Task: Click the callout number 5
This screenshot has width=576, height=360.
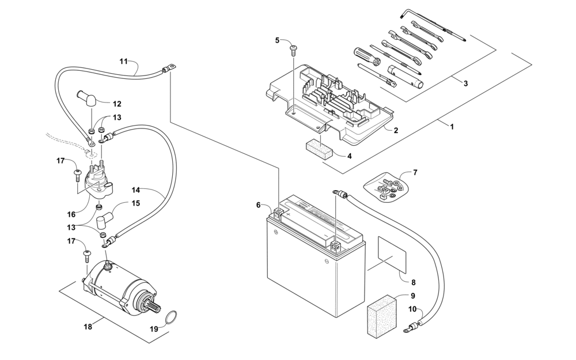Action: (278, 40)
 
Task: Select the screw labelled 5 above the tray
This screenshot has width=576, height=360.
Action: (294, 50)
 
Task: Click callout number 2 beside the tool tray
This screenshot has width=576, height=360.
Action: (396, 130)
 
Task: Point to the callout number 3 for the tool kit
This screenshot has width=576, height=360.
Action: (465, 84)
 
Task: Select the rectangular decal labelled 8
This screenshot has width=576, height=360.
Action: (392, 255)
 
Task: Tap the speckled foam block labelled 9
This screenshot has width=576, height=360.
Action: (382, 314)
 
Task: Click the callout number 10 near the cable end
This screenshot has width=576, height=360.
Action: (412, 309)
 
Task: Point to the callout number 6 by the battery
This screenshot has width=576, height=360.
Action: (258, 205)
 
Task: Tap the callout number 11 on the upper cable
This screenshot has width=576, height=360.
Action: (123, 62)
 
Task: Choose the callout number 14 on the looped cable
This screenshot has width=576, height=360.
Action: (136, 190)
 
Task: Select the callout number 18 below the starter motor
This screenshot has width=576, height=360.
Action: (88, 326)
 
